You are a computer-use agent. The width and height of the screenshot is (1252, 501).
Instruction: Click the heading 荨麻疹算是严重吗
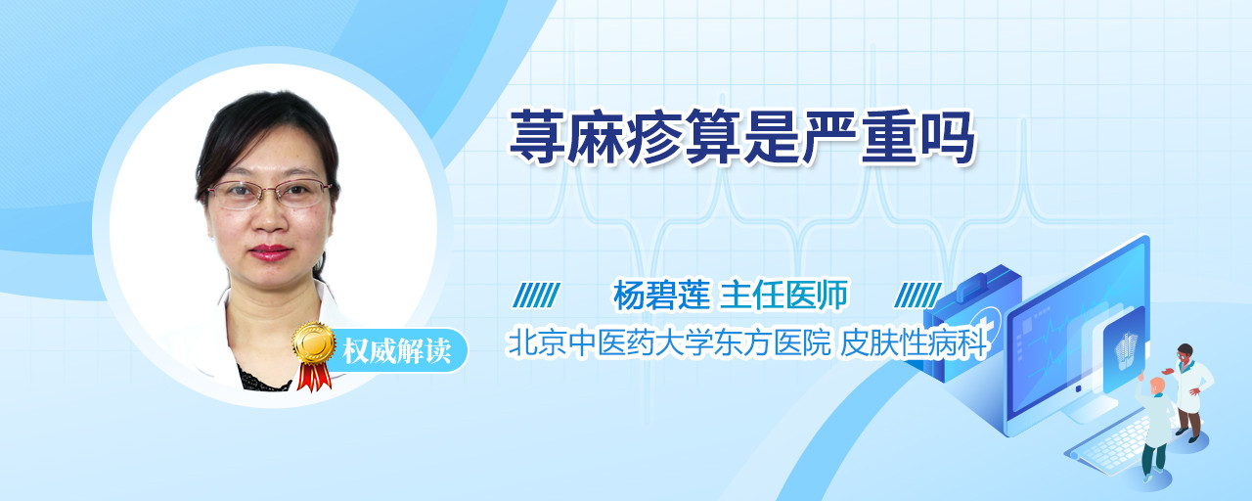742,138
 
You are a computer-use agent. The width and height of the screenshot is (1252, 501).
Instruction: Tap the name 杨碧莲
661,296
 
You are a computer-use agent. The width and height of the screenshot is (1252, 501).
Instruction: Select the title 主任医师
783,296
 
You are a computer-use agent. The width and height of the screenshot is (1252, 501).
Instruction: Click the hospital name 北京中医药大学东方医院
668,342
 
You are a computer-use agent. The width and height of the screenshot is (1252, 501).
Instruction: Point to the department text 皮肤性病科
914,342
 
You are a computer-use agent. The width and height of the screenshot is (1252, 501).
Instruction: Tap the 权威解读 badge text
397,351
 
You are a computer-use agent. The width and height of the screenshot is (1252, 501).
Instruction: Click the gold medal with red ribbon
314,355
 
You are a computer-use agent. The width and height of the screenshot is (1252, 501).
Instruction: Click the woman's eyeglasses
269,194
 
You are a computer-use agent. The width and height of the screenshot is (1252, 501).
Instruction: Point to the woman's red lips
270,252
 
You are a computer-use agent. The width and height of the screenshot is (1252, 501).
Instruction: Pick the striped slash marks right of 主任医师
917,296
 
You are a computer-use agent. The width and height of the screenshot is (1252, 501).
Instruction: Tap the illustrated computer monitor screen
1077,336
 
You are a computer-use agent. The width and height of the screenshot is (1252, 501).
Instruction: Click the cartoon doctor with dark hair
1188,391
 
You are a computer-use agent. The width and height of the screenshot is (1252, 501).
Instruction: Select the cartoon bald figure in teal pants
1153,426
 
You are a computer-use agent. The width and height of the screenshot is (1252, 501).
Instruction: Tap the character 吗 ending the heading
948,138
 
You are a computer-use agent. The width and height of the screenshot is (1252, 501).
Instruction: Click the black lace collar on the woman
264,381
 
